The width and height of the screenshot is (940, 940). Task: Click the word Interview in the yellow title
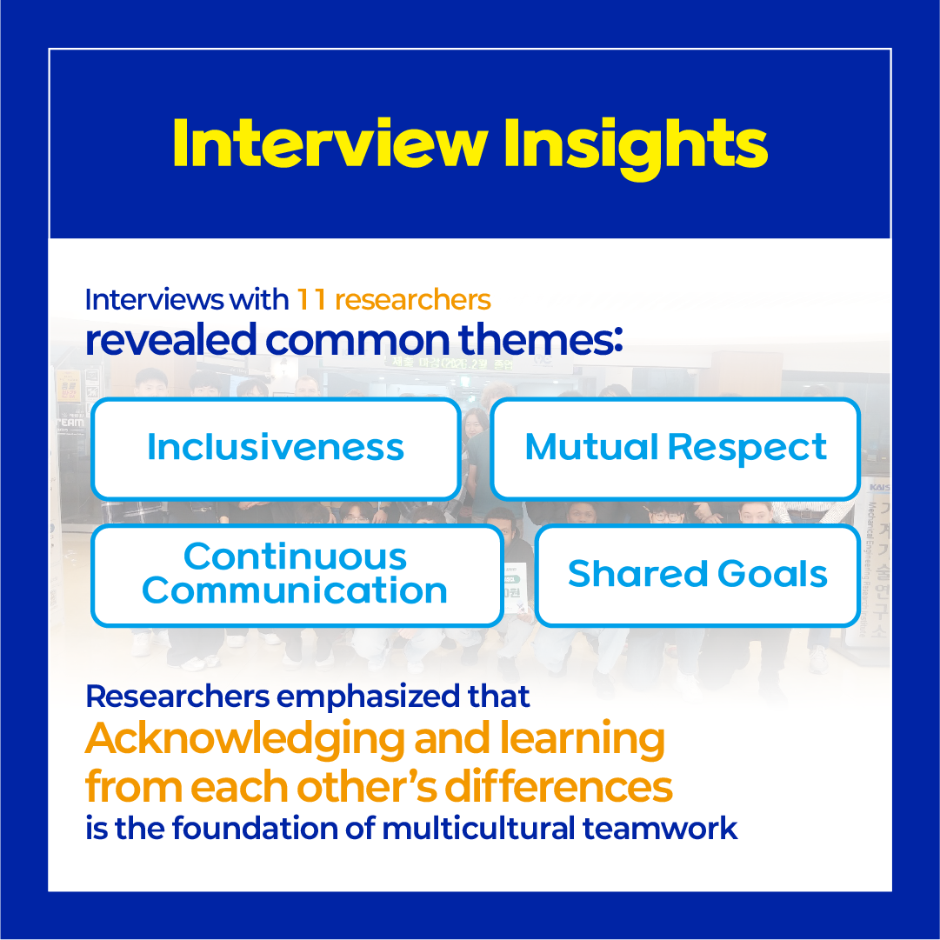330,143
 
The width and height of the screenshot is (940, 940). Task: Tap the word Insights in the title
636,148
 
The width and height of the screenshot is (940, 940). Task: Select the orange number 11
311,299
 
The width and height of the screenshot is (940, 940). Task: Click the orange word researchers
413,299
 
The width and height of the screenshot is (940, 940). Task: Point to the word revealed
170,339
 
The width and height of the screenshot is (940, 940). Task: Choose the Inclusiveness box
276,449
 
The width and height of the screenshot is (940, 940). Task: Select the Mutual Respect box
676,449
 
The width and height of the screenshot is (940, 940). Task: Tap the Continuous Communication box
297,576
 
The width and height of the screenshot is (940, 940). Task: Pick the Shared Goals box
697,576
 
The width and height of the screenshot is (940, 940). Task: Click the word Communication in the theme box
295,590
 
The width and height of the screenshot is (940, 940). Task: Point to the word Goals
772,574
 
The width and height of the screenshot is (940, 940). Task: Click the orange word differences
558,786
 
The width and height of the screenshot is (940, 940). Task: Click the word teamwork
660,829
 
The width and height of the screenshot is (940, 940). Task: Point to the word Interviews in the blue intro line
155,299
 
